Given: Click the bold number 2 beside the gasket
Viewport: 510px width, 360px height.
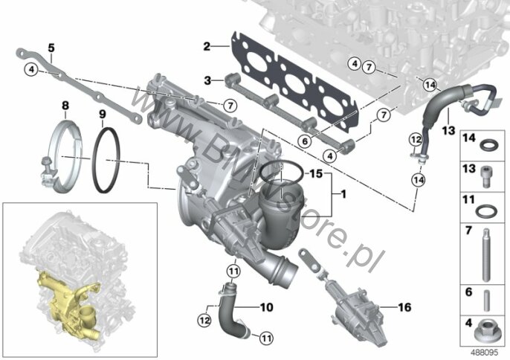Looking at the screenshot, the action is (207, 46).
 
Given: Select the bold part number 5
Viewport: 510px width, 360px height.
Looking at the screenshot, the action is (51, 48).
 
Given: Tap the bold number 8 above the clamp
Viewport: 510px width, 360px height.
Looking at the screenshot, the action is (65, 106).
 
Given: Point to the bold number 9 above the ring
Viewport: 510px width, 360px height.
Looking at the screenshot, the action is (103, 115).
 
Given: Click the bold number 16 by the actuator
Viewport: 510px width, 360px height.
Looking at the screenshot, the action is (404, 307).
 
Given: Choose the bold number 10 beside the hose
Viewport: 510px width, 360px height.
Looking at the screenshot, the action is (267, 307).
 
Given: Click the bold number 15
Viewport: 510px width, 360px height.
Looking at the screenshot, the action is (315, 174).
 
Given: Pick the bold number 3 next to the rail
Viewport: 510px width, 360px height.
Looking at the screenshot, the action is (207, 80).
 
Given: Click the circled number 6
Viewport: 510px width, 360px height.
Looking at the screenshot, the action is (305, 141).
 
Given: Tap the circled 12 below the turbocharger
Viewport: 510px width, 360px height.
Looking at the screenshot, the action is (204, 321).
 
